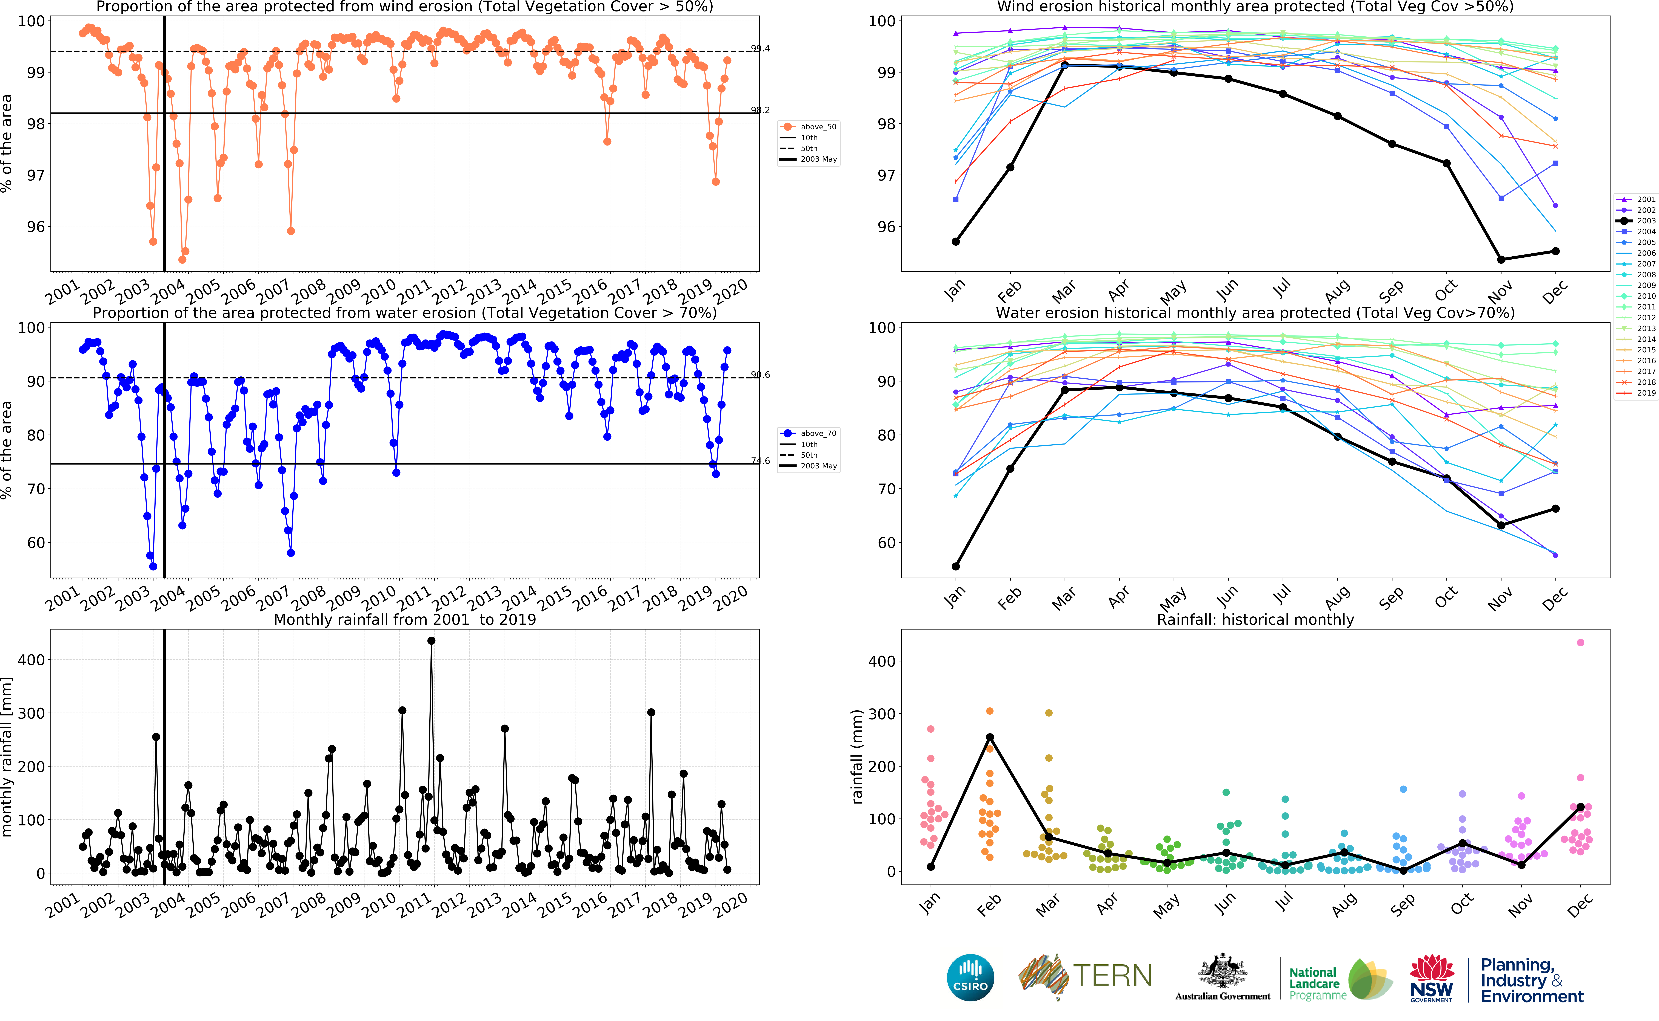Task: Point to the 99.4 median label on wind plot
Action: [760, 49]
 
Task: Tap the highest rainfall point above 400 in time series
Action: [431, 641]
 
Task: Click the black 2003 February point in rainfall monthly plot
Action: [990, 737]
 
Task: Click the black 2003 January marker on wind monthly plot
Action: [956, 242]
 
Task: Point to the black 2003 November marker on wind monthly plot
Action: [1501, 259]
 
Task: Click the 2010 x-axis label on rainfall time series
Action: [378, 905]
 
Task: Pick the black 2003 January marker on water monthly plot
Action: [956, 567]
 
